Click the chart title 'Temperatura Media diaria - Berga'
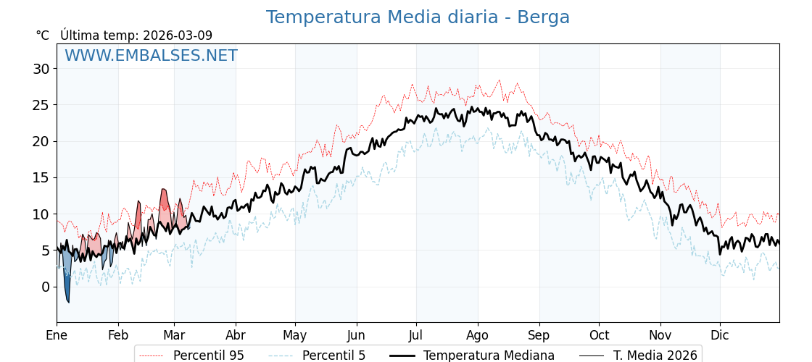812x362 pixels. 418,17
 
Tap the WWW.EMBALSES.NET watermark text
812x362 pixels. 151,56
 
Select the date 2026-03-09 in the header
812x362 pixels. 178,35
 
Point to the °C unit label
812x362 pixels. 43,35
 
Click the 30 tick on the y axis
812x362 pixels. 41,69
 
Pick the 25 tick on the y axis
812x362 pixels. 41,105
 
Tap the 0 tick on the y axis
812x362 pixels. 45,287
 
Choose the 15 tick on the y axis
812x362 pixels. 41,178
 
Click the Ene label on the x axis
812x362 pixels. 57,335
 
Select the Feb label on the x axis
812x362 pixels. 118,335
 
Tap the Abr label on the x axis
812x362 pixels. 236,335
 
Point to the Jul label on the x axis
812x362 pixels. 416,335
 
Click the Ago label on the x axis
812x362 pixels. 478,335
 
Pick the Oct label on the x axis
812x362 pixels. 599,335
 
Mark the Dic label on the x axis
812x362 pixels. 720,335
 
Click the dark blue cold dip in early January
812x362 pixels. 67,286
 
